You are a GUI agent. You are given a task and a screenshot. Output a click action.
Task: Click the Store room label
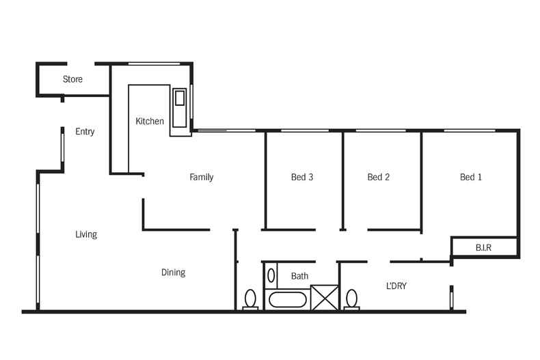pos(72,79)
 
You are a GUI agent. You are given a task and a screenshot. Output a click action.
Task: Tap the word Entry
pos(85,131)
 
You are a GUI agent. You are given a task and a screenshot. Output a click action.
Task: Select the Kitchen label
pos(150,121)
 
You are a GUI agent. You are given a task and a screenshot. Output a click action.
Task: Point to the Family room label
pos(202,177)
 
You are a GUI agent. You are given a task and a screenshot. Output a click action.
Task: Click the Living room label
pos(86,234)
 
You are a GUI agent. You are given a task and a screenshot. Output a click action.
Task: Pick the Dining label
pos(173,273)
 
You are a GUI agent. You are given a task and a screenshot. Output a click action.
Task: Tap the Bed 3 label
pos(302,177)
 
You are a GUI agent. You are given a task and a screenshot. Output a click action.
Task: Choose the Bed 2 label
pos(379,177)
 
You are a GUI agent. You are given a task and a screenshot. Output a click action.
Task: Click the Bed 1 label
pos(471,177)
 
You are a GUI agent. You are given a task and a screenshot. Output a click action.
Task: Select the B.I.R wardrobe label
pos(483,247)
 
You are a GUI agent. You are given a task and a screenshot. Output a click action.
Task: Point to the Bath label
pos(299,276)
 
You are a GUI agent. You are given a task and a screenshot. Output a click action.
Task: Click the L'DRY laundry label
pos(396,286)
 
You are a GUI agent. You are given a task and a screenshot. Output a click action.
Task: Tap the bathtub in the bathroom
pos(288,300)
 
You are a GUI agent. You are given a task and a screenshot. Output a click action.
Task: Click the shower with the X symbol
pos(325,298)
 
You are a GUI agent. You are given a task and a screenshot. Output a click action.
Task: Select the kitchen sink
pos(179,108)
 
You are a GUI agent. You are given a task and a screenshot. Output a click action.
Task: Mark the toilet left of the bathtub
pos(250,299)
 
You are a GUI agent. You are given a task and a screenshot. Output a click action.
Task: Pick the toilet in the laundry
pos(351,299)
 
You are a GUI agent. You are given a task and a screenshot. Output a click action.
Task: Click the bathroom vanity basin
pos(271,276)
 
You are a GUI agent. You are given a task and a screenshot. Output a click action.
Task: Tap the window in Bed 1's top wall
pos(470,130)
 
